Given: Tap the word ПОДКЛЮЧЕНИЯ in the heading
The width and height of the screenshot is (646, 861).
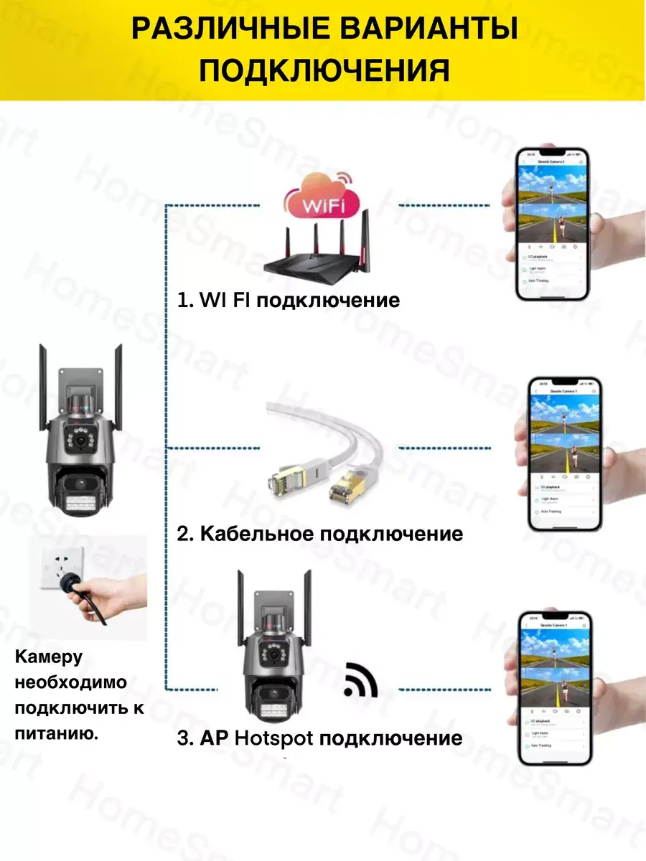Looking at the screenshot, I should point(324,72).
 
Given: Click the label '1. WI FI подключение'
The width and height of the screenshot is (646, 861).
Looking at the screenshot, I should point(288,299).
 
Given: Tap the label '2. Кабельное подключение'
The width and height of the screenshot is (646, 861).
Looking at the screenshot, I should point(320,534).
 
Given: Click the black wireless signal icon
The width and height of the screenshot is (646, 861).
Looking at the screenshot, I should point(360,680).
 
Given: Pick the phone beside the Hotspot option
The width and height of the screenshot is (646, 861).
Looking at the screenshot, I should point(555,687).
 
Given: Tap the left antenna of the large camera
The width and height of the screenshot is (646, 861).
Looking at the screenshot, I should point(43,387).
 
